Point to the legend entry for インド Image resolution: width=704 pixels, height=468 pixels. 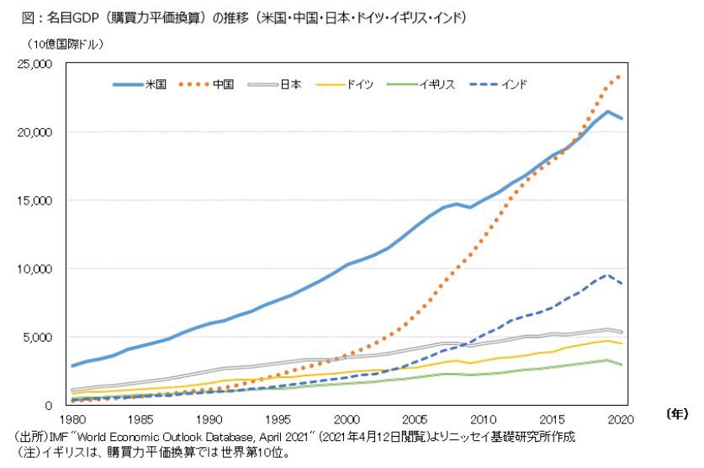[512, 84]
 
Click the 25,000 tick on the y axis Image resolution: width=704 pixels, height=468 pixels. [35, 64]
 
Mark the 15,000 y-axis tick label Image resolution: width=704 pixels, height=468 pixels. [35, 200]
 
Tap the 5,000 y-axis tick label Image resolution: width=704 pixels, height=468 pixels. [39, 337]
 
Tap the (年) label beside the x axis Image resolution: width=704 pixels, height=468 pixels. [675, 413]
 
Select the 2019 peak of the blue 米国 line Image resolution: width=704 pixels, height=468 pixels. [606, 111]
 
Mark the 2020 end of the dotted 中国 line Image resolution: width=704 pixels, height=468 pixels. [620, 75]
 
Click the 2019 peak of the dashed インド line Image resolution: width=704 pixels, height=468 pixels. [606, 274]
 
